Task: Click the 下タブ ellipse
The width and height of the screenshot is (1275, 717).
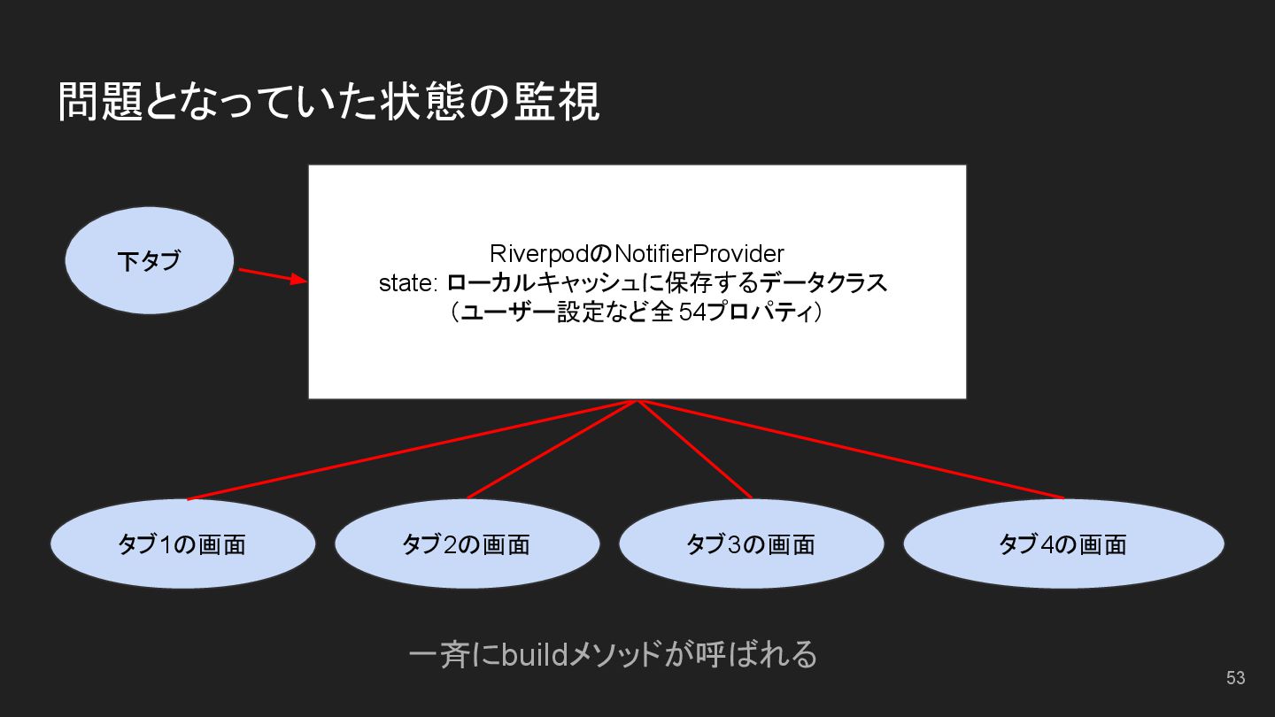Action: coord(149,261)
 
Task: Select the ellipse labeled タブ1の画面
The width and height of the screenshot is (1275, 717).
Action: coord(182,544)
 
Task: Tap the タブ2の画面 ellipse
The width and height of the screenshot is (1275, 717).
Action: coord(467,544)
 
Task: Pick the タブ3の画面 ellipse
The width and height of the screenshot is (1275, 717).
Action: coord(751,544)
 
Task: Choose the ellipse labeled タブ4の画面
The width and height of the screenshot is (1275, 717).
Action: coord(1062,544)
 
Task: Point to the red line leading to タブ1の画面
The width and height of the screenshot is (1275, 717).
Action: coord(412,450)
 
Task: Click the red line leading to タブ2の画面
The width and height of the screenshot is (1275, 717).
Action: coord(552,450)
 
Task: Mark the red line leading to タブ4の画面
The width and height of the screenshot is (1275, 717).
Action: coord(850,450)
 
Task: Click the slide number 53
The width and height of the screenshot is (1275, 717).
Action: coord(1235,678)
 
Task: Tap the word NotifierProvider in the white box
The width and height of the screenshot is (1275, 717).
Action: coord(699,254)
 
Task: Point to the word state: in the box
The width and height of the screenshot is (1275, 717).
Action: coord(408,284)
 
